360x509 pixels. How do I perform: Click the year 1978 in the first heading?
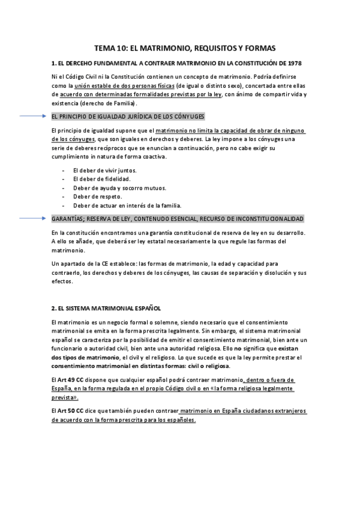click(294, 63)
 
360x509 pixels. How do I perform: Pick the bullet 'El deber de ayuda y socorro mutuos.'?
click(114, 188)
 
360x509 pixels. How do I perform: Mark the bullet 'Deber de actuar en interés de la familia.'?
click(118, 205)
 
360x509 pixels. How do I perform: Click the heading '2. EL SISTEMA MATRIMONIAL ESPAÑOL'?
click(106, 309)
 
